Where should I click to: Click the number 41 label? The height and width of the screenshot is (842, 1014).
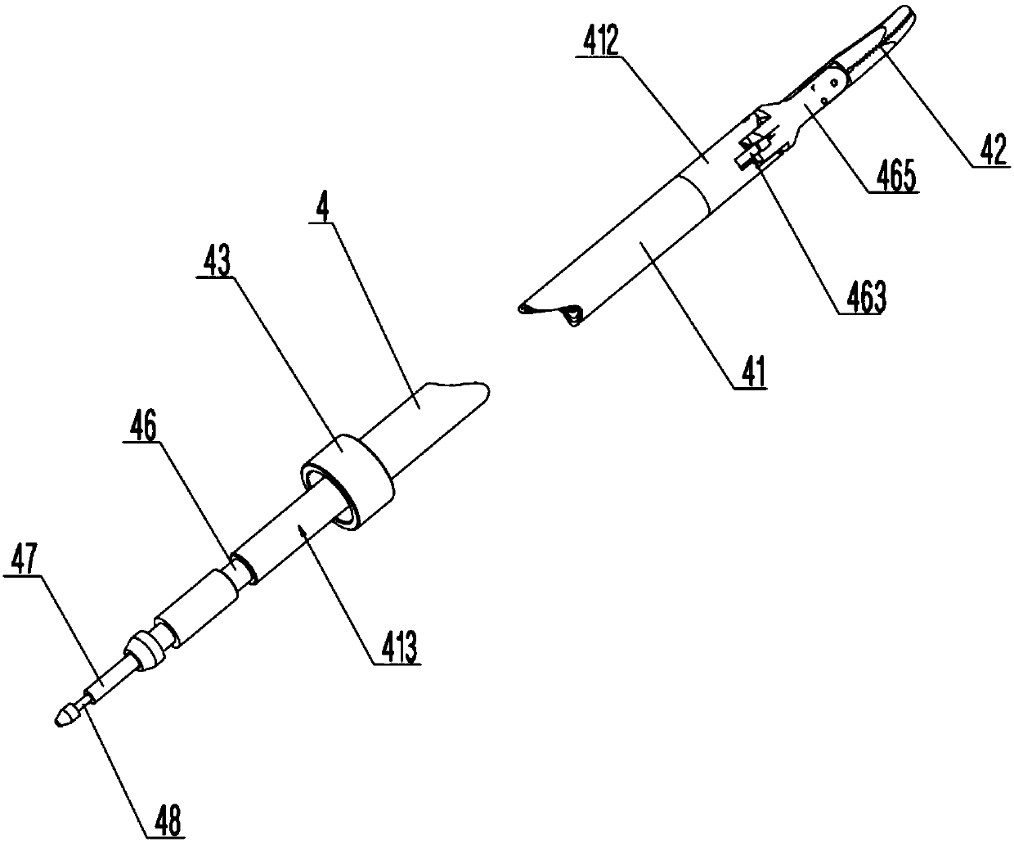[751, 374]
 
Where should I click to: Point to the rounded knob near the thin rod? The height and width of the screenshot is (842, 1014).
[147, 650]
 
